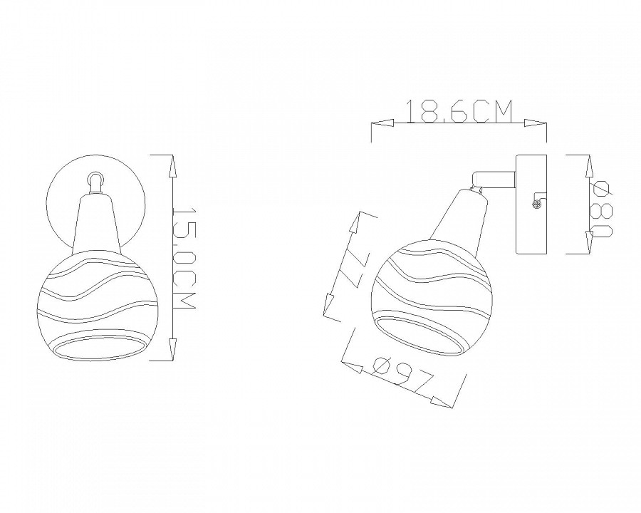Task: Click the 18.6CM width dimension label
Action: click(459, 111)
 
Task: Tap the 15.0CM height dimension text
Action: click(184, 260)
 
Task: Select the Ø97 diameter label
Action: click(402, 373)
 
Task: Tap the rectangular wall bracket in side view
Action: click(531, 203)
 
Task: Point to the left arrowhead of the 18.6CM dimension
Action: click(382, 122)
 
